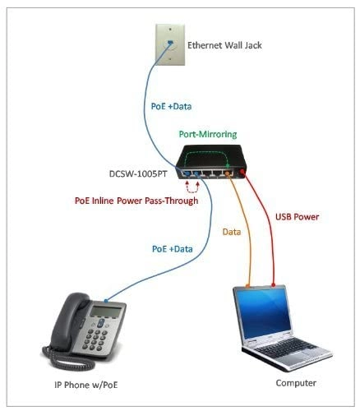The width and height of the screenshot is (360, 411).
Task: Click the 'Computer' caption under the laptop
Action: pos(295,383)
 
